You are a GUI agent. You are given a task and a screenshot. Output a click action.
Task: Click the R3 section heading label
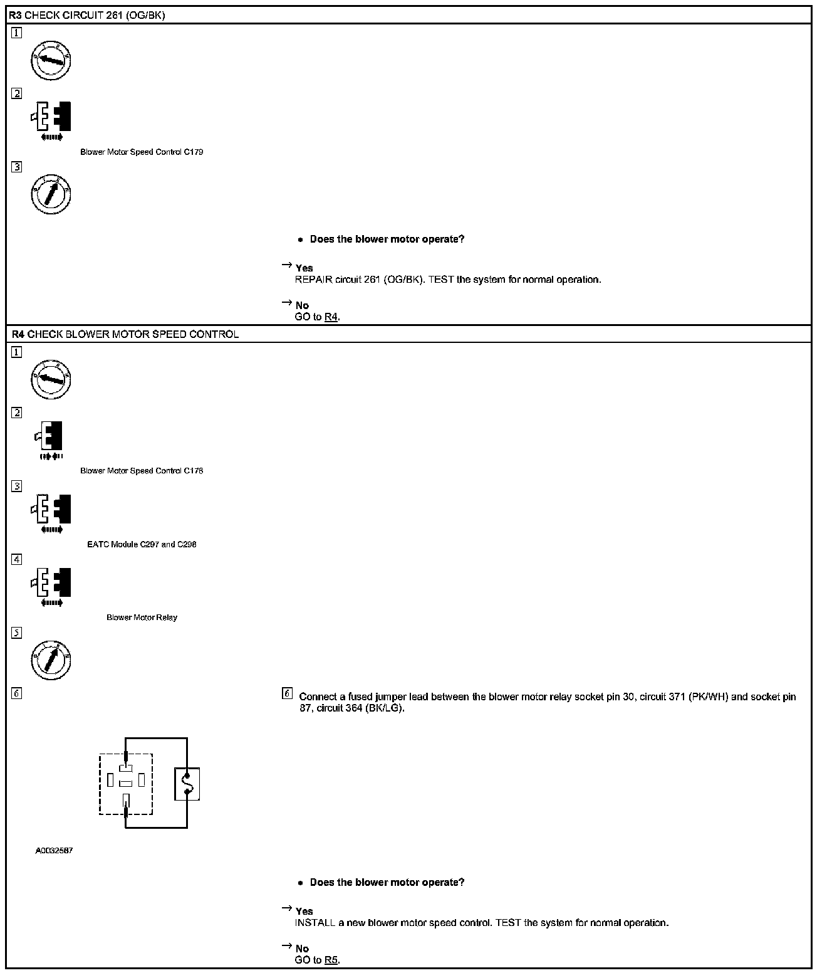(x=87, y=16)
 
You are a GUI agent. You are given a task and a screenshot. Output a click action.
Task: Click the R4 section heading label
(x=125, y=334)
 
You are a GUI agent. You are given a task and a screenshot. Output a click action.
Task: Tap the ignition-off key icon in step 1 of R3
(x=51, y=60)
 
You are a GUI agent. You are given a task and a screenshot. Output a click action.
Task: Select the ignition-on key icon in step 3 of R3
(x=51, y=194)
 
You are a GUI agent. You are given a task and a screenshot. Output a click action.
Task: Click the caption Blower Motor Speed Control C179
(x=142, y=152)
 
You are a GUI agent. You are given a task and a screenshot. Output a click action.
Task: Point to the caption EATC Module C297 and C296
(x=142, y=545)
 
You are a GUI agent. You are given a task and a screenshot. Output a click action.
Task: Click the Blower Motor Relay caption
(x=142, y=618)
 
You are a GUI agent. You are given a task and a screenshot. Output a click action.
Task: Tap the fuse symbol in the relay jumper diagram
(x=187, y=784)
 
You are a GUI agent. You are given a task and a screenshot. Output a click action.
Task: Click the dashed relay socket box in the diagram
(x=126, y=784)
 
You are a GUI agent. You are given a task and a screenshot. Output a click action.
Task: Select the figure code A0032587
(x=54, y=851)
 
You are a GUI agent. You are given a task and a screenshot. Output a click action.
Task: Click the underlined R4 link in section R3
(x=331, y=317)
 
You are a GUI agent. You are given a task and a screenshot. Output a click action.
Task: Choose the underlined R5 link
(x=331, y=960)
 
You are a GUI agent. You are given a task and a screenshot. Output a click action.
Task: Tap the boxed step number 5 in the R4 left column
(x=17, y=633)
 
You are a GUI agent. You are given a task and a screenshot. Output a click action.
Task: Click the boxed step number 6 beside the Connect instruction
(x=288, y=693)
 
